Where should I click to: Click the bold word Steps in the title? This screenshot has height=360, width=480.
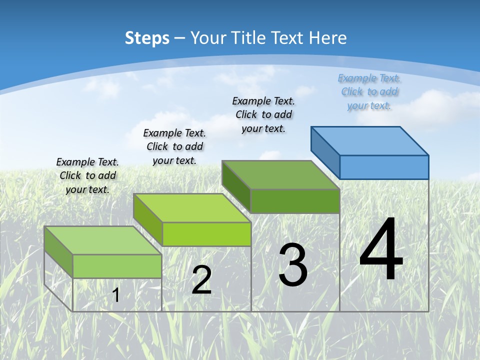click(147, 38)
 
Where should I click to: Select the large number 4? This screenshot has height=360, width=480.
click(381, 250)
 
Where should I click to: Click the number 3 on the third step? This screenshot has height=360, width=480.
click(293, 265)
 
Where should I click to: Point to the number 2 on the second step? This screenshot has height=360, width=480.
click(201, 280)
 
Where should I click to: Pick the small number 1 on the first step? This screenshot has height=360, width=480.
click(116, 295)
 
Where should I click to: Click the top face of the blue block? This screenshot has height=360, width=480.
click(370, 140)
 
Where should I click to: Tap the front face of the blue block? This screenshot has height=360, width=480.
click(384, 167)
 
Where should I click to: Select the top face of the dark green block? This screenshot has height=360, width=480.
click(281, 175)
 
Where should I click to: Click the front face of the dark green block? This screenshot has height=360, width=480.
click(295, 201)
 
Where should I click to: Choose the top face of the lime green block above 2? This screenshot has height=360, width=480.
click(192, 208)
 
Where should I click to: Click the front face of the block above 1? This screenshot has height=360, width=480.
click(117, 266)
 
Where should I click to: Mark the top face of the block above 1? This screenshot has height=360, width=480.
click(102, 240)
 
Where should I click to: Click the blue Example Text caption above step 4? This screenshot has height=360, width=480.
click(369, 91)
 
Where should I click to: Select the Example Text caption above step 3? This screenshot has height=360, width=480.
click(263, 114)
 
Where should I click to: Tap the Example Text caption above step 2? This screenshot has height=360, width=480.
click(174, 146)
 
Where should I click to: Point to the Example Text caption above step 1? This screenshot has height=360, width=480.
click(87, 175)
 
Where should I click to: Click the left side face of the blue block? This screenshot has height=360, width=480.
click(325, 152)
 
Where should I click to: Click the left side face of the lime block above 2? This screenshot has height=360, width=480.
click(148, 219)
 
